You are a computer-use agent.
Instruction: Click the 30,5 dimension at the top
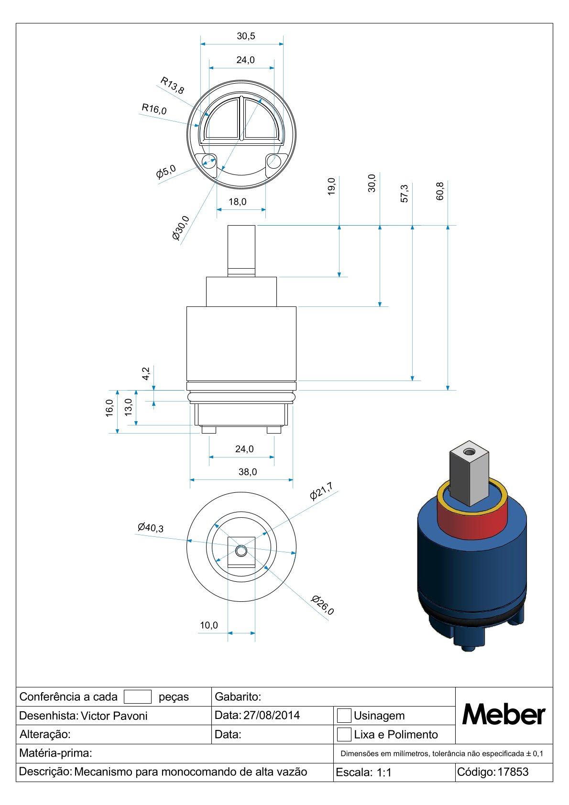246,36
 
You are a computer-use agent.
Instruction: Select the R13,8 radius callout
172,85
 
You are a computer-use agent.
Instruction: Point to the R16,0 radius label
154,109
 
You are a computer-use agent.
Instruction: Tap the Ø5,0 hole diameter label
166,172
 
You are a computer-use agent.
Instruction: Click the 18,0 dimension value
237,202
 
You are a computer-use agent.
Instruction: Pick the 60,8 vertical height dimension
440,191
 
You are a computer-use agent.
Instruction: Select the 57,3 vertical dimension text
405,193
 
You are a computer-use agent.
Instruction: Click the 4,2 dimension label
146,373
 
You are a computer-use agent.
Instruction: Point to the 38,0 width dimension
248,472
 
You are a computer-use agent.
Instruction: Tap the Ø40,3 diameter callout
150,528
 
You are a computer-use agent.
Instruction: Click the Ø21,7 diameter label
321,492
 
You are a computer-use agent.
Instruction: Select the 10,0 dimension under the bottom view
208,625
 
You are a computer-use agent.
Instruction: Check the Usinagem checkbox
344,716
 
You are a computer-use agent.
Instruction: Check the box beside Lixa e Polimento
344,734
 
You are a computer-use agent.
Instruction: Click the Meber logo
503,715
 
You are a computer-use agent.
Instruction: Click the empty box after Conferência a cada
137,696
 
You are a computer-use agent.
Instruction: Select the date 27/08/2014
272,715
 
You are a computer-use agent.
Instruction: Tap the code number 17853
513,772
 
